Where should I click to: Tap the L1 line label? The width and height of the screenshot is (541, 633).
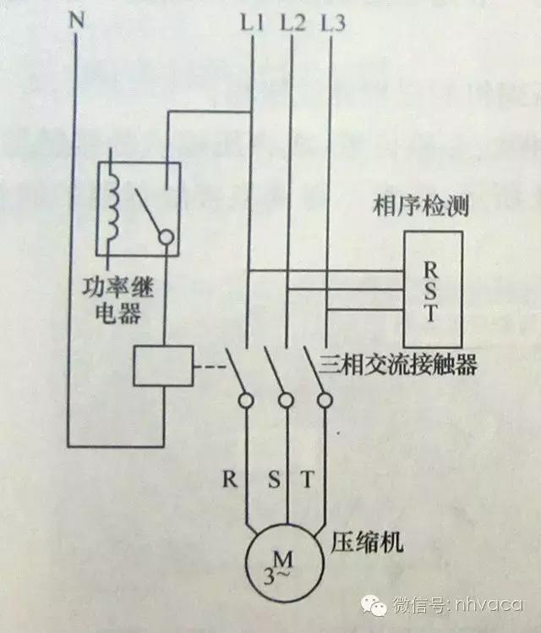pos(252,25)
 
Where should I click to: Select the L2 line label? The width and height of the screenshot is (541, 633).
pos(292,25)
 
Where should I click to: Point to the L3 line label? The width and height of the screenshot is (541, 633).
pos(334,25)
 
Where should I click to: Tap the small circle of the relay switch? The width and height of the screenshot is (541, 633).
pos(167,239)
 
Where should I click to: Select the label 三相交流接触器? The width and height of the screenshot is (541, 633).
pos(400,366)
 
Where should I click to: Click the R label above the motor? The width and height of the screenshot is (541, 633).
pos(229,479)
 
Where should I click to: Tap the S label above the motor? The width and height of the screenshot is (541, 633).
pos(272,479)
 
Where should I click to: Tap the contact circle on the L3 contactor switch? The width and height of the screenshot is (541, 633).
pos(325,399)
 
